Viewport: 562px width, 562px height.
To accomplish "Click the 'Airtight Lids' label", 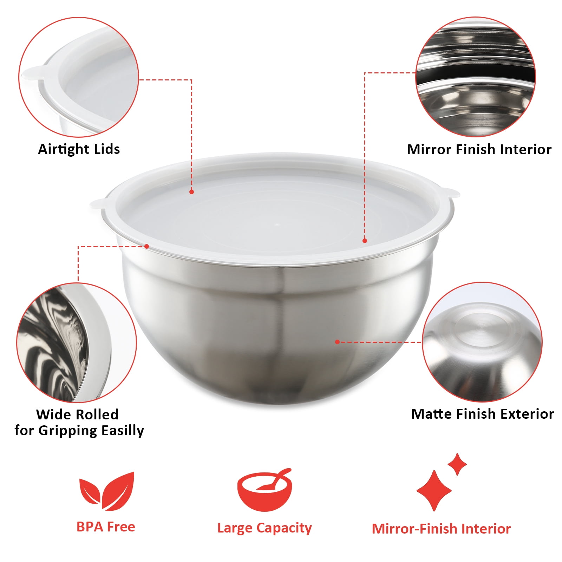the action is coord(79,149).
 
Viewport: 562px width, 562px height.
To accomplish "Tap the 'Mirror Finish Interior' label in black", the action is coord(479,149).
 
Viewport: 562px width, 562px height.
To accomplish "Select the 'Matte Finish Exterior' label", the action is coord(483,414).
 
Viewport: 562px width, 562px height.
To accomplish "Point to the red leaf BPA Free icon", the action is coord(106,491).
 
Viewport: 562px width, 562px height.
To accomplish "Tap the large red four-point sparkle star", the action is coord(434,490).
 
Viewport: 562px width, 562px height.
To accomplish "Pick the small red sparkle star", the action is coord(457,464).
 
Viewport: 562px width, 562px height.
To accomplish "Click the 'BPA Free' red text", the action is coord(106,527).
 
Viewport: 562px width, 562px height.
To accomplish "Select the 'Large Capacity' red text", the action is coord(264,528).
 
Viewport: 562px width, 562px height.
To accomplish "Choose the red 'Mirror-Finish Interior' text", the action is coord(441,529).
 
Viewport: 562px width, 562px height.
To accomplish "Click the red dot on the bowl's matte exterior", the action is coord(337,342).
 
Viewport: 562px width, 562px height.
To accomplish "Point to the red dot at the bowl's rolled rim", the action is coord(147,246).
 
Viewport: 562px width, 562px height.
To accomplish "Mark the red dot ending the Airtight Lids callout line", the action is coord(191,192).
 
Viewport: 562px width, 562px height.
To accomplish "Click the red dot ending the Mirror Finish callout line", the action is coord(365,241).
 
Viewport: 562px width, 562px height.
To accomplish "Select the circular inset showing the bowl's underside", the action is coord(482,342).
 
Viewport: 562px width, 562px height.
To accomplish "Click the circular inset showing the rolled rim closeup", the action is coord(77,342).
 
